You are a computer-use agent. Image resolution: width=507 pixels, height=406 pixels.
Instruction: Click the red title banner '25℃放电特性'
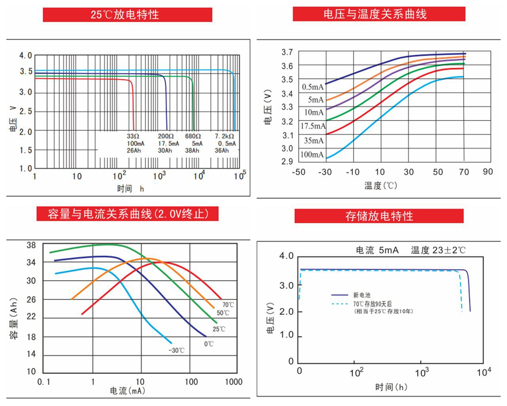127,15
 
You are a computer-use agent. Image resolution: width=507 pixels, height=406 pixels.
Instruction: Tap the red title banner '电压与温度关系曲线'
379,14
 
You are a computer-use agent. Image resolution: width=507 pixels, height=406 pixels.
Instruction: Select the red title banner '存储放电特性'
379,216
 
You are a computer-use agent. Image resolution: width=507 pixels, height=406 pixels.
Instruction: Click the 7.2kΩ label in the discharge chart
225,136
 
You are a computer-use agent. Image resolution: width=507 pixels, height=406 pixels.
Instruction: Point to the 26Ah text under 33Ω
134,151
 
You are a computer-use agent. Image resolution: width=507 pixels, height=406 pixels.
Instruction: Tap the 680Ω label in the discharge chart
193,136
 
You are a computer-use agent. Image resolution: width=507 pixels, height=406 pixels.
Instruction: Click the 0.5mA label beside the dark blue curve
313,87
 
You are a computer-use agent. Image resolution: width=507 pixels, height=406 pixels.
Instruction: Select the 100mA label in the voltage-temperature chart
312,155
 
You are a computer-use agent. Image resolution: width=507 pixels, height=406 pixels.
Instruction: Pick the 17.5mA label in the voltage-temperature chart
313,126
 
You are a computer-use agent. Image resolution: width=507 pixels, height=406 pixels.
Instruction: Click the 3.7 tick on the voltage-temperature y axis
287,52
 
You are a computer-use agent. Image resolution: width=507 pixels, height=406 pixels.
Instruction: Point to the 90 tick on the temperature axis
488,172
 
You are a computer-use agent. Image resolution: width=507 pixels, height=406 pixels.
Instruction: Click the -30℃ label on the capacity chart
176,350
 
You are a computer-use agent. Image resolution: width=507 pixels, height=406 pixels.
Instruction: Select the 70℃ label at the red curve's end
228,305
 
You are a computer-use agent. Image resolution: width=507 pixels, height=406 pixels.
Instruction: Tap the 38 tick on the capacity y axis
31,245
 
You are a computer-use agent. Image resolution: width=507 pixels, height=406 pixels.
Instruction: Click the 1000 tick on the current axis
233,382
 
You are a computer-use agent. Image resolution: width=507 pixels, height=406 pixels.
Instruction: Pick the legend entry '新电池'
362,295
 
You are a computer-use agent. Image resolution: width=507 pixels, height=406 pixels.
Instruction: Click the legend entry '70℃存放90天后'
372,304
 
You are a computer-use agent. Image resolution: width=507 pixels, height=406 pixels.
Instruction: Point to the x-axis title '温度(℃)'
381,186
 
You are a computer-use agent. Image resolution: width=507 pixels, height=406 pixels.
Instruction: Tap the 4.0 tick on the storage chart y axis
286,256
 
